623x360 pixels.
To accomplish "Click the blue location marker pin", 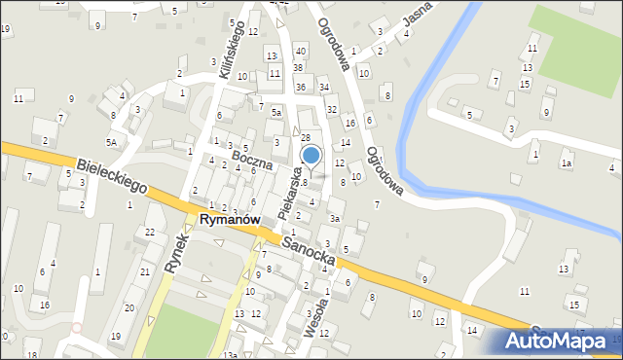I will (311, 156).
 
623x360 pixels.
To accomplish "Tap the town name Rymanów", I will (229, 221).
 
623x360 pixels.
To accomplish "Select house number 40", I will (300, 51).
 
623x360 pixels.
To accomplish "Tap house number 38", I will (298, 68).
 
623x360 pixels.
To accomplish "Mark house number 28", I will (305, 139).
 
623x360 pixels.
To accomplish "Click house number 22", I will (149, 232).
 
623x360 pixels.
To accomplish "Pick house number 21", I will (144, 271).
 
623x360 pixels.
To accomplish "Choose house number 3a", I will (334, 218).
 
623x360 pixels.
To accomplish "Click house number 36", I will (301, 88).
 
